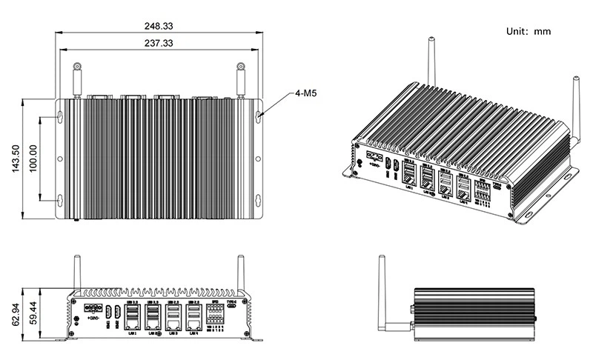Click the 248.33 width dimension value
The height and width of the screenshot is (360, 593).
(x=159, y=26)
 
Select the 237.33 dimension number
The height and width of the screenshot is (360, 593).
(x=159, y=44)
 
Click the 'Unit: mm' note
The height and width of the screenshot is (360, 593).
(x=528, y=32)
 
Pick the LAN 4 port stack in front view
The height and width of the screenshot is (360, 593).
(x=193, y=318)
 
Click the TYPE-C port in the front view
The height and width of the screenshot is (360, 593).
(x=231, y=311)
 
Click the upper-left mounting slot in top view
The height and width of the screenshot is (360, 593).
(x=60, y=117)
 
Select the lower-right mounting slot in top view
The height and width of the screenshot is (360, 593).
(x=258, y=199)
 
